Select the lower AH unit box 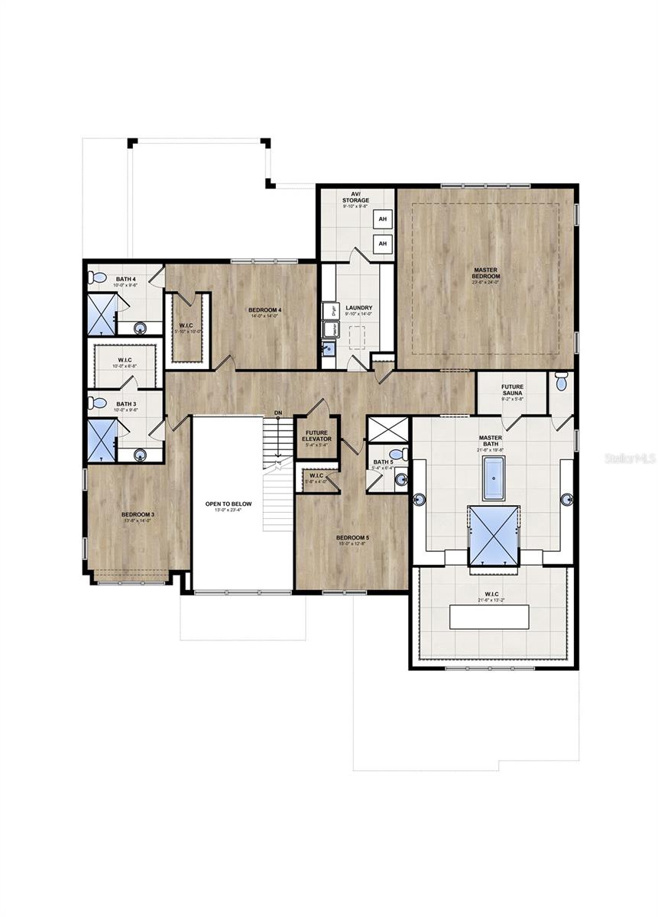pos(382,244)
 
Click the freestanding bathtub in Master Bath pos(493,478)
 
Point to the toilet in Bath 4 pos(96,277)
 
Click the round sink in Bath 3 pos(140,455)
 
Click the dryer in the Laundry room pos(332,310)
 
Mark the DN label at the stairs pos(278,413)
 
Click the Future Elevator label pos(317,436)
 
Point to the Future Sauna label pos(512,390)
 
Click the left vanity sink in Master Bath pos(418,500)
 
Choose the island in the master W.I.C pos(489,616)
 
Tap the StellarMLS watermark pos(630,458)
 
